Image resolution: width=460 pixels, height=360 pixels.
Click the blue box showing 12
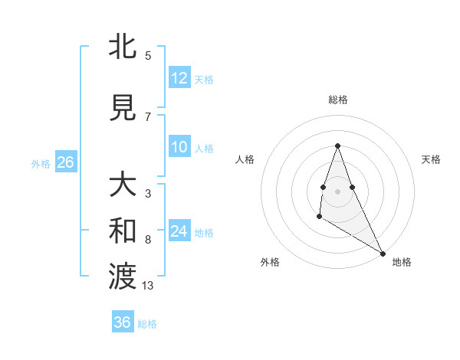point(179,78)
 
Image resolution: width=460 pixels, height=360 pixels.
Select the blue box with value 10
point(179,147)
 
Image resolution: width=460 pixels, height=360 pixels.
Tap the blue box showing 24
point(179,231)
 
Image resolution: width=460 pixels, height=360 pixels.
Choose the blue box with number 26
point(65,162)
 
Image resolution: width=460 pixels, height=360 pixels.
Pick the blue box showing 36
point(123,322)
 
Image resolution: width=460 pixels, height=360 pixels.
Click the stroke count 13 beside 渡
point(148,286)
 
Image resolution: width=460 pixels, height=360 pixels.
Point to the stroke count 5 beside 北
point(148,55)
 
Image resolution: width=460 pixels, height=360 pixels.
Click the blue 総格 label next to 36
point(147,324)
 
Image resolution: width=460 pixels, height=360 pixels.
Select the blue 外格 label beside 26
point(41,163)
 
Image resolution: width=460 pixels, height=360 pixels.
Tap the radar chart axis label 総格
point(337,100)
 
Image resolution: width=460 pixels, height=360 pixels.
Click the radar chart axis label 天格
point(431,159)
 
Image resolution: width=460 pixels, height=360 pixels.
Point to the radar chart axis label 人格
point(245,159)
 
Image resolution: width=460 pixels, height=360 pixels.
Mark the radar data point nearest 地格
point(383,253)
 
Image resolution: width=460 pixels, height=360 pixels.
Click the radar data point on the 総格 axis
point(337,146)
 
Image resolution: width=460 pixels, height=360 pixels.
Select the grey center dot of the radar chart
point(337,191)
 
